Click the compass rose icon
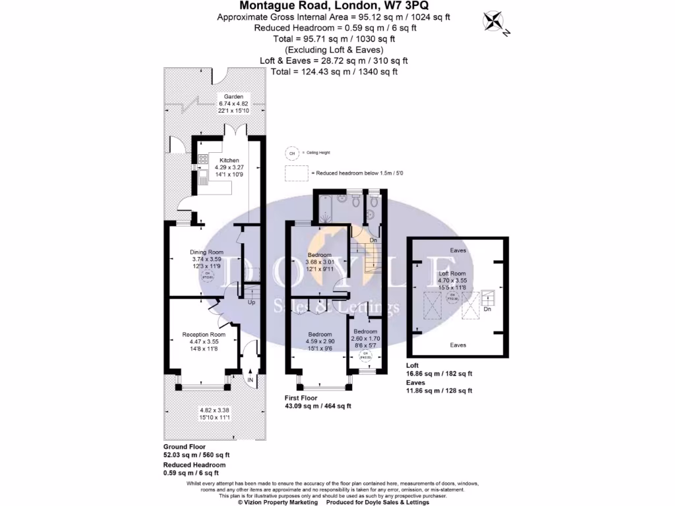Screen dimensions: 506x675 click(493, 22)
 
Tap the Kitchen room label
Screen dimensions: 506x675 click(229, 160)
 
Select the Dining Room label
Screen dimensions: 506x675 click(206, 252)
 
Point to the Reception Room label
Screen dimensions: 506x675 click(204, 335)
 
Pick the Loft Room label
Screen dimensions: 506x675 click(453, 273)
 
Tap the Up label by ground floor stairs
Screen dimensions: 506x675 click(251, 303)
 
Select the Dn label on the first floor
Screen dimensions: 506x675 click(373, 240)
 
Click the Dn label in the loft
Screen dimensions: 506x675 click(487, 308)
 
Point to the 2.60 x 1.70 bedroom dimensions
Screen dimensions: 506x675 click(365, 338)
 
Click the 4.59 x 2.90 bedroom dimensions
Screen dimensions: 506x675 click(320, 341)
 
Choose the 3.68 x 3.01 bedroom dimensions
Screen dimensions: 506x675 click(321, 262)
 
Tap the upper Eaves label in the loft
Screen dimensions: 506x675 click(458, 250)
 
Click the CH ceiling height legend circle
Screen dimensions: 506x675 click(290, 154)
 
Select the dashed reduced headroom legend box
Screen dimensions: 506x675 click(297, 173)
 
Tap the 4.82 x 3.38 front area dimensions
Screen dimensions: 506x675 click(215, 409)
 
